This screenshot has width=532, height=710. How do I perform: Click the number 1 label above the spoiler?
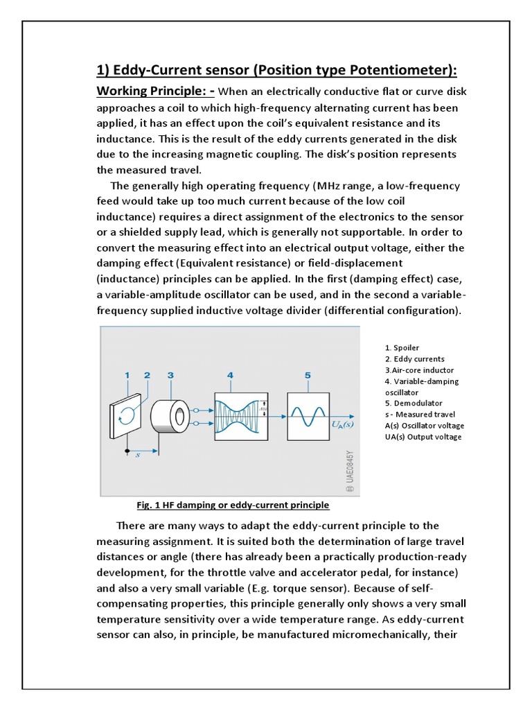127,375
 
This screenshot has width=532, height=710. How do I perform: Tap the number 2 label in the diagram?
147,375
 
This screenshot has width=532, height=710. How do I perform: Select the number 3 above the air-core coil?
170,375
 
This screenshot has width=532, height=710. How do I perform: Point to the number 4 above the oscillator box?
231,375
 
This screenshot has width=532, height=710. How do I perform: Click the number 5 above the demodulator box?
308,375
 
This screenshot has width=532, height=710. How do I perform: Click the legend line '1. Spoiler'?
402,347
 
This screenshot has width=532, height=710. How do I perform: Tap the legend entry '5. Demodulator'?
413,403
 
